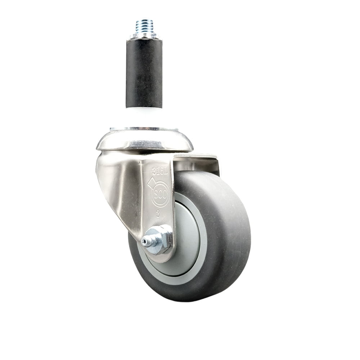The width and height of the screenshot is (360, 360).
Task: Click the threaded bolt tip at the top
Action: point(144,25)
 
